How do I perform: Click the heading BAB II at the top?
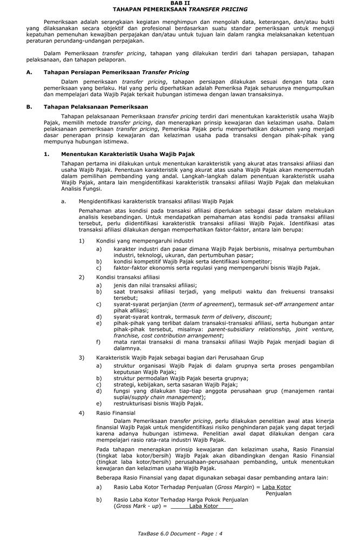coord(180,3)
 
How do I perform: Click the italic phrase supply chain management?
coord(159,397)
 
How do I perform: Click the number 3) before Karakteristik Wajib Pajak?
coord(82,357)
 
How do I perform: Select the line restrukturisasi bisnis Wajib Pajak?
coord(158,403)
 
